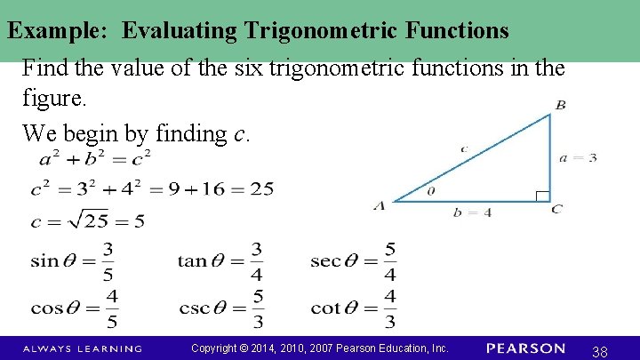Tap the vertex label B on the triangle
(560, 106)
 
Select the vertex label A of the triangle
(380, 206)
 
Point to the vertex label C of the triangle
(556, 209)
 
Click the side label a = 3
(578, 157)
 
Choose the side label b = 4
(472, 212)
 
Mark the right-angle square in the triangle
(542, 196)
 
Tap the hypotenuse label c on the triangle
(464, 148)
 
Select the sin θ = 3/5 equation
(72, 260)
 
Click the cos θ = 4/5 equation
(74, 308)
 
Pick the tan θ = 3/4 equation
(220, 260)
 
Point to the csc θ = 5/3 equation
(221, 308)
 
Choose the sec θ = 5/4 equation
(353, 260)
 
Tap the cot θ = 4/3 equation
(353, 308)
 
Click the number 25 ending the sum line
(261, 188)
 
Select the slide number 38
(599, 352)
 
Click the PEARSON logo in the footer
(525, 348)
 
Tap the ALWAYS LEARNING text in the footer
(82, 348)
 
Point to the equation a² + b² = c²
(95, 160)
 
